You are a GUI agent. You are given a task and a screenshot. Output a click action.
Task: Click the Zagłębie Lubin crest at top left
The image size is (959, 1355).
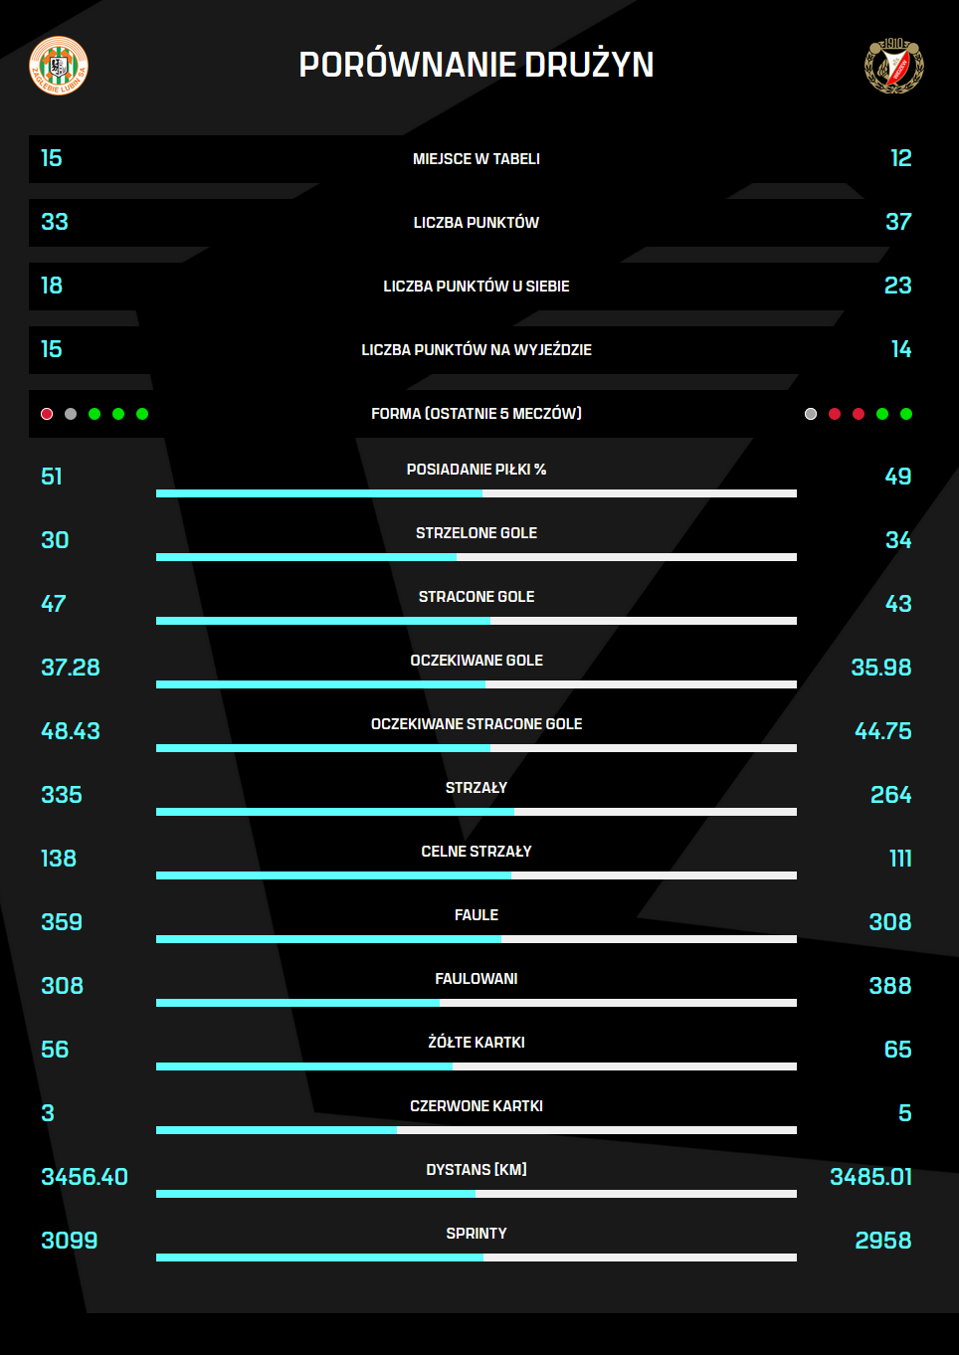(59, 66)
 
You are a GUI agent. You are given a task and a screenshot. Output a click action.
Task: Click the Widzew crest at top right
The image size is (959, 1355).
(894, 66)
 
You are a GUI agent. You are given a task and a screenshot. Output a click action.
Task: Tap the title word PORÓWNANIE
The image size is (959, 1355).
(406, 65)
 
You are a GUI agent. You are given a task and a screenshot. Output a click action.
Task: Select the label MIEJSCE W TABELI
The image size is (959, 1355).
(477, 159)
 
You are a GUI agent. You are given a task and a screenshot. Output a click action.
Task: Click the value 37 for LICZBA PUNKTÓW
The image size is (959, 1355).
(898, 222)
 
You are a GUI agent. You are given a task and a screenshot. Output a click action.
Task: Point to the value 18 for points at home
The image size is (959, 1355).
(52, 286)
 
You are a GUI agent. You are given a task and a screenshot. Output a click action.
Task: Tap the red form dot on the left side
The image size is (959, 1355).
(47, 414)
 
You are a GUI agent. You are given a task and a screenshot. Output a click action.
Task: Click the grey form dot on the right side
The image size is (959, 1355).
(811, 414)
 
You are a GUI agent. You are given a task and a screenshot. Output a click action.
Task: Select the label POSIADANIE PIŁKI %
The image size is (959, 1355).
(477, 470)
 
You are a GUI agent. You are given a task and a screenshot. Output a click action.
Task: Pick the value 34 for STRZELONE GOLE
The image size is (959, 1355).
(898, 540)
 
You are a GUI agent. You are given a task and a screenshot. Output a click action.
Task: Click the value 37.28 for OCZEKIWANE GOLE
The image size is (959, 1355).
(71, 668)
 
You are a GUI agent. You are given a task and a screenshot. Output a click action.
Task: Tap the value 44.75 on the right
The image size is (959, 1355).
(883, 731)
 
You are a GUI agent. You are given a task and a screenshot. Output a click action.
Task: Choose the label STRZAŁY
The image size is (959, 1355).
(477, 788)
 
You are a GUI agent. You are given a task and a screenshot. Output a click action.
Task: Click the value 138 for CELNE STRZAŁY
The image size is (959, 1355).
(59, 859)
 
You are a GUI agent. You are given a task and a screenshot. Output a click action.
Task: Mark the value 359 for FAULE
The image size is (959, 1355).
(62, 922)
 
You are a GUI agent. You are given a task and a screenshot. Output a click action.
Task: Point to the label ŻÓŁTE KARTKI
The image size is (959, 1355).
(477, 1043)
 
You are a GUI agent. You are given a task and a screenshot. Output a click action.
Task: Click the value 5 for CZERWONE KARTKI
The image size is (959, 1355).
(905, 1113)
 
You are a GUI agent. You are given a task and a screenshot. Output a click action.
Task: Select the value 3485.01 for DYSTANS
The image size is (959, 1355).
(871, 1177)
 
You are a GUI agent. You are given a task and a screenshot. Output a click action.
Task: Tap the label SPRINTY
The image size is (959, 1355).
(477, 1234)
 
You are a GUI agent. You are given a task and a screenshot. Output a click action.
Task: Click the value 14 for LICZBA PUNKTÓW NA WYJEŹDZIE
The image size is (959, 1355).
(901, 349)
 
